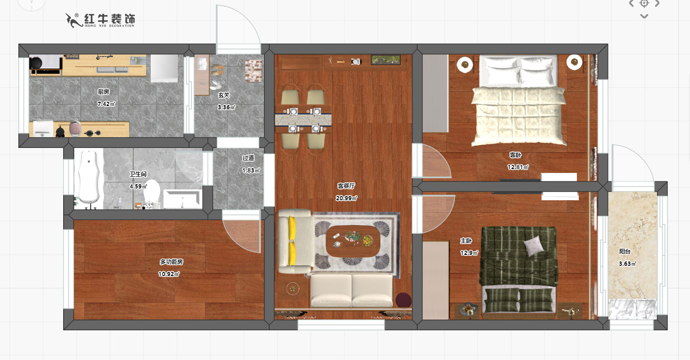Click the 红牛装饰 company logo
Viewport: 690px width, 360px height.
click(100, 20)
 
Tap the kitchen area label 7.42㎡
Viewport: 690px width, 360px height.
click(106, 104)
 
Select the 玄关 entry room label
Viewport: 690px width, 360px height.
click(224, 95)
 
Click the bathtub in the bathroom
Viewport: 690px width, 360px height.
click(89, 179)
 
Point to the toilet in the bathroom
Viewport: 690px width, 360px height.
click(151, 192)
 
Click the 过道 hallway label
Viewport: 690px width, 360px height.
click(248, 158)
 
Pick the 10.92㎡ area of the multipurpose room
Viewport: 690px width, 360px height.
click(169, 274)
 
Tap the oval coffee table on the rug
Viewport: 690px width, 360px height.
click(353, 241)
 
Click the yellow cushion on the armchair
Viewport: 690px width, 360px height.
click(292, 241)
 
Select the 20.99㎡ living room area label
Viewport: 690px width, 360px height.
click(346, 198)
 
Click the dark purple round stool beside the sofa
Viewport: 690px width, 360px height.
click(403, 300)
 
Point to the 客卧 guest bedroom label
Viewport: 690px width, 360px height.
click(515, 155)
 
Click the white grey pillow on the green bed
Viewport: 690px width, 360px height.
click(534, 246)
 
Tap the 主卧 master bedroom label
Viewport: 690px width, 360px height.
click(466, 240)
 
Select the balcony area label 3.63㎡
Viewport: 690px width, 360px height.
click(627, 263)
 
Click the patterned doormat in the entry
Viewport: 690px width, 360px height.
click(254, 71)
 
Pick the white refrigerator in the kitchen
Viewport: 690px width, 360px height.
click(164, 68)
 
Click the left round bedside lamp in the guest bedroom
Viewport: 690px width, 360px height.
click(465, 65)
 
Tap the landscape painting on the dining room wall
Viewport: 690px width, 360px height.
click(386, 60)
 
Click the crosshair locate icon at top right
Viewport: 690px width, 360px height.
click(644, 4)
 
